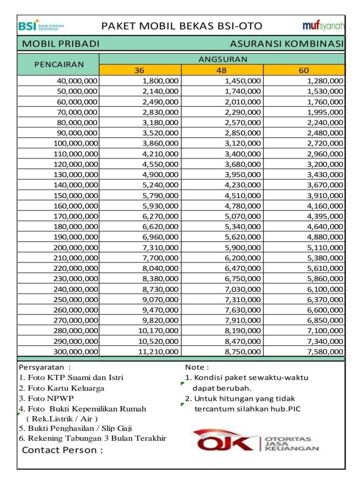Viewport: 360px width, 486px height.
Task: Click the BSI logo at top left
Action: [40, 26]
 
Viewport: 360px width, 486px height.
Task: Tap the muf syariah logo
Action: [323, 26]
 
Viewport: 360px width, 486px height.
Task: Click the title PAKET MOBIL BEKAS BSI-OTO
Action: [182, 26]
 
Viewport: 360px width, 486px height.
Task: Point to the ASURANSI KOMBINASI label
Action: [286, 44]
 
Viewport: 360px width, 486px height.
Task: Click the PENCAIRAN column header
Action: [58, 64]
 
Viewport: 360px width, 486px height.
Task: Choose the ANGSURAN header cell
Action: [223, 59]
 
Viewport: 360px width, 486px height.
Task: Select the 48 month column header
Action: [222, 70]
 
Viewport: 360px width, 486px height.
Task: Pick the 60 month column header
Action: [304, 70]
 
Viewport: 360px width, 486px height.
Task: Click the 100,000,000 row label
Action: [76, 143]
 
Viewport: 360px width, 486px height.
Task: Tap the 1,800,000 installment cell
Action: [161, 81]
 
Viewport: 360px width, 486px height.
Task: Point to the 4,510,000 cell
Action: [243, 195]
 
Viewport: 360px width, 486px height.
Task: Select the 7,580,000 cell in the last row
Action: [325, 352]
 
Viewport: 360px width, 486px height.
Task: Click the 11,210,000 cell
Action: [158, 352]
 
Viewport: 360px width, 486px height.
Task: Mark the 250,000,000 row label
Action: [76, 299]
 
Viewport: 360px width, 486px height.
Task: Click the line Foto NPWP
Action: [47, 398]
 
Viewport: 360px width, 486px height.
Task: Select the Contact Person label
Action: [62, 450]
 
